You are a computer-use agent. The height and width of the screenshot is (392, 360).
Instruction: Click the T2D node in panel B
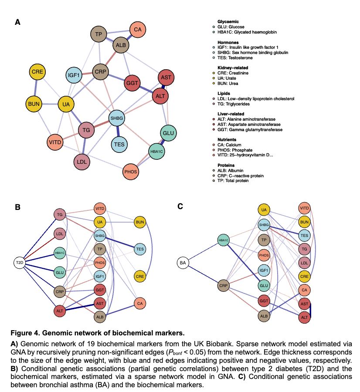click(x=20, y=263)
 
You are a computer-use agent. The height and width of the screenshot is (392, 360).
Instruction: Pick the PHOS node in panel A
click(x=131, y=172)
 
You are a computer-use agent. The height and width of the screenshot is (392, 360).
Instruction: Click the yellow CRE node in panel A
click(x=37, y=71)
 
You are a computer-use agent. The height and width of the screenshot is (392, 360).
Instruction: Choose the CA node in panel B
click(x=140, y=303)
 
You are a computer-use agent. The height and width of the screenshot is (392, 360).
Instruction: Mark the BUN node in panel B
click(x=140, y=222)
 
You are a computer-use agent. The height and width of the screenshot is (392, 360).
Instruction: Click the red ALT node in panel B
click(x=59, y=311)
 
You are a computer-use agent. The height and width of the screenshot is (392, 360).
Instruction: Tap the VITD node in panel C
click(x=305, y=208)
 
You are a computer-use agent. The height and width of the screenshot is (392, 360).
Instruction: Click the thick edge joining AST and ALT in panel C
click(x=314, y=311)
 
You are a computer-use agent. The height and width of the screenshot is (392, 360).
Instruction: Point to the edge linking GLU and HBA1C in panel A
click(x=162, y=142)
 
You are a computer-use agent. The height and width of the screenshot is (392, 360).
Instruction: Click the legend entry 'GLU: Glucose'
click(x=231, y=27)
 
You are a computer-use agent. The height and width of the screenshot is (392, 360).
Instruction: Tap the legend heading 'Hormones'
click(x=228, y=42)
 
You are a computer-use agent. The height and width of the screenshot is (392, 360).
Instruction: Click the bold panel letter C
click(x=180, y=206)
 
